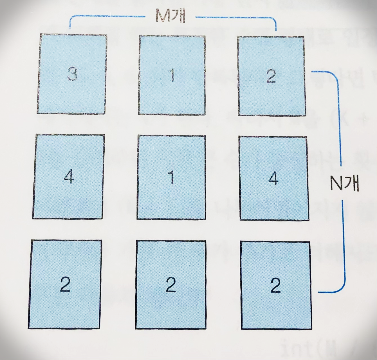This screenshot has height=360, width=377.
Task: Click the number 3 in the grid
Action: (72, 74)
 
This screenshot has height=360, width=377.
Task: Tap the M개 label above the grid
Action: (170, 17)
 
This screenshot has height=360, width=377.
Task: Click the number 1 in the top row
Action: (172, 75)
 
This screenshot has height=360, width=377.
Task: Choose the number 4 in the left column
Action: (69, 177)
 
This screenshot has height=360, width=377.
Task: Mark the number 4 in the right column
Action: (273, 178)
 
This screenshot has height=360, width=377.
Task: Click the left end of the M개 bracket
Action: (70, 28)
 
